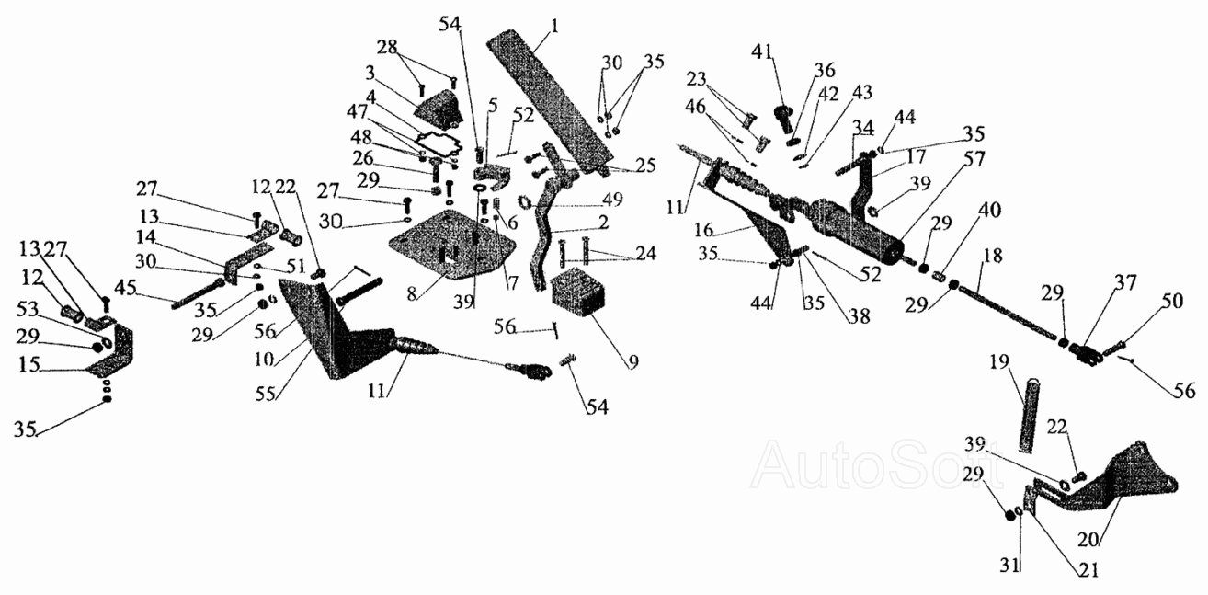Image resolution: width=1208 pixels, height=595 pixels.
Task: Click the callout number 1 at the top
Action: (555, 26)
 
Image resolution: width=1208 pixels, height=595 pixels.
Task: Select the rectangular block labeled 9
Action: (578, 293)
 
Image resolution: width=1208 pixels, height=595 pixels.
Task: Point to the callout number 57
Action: (974, 159)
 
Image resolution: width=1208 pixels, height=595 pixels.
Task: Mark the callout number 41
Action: (761, 52)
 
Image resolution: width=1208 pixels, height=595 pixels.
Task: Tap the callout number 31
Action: (1010, 566)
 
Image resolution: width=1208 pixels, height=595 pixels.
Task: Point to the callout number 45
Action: (126, 288)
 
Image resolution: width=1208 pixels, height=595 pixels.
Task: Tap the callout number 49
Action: (612, 200)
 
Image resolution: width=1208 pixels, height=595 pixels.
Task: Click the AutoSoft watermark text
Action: (877, 463)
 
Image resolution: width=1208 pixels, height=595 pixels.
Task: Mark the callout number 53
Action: (27, 309)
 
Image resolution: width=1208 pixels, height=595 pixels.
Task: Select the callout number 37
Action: (1125, 282)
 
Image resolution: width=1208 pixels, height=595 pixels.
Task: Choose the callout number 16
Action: (703, 230)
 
